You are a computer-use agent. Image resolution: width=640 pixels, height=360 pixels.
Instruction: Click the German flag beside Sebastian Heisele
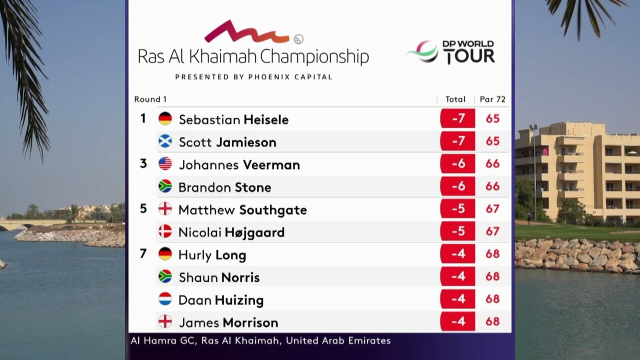pos(165,119)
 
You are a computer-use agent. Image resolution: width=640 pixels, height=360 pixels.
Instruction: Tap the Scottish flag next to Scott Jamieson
pos(165,141)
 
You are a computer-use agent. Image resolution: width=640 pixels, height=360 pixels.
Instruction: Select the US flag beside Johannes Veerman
pos(165,164)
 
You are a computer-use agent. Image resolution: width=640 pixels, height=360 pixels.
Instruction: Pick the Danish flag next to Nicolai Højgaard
pos(165,232)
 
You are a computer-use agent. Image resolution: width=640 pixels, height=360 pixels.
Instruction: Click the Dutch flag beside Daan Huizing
pos(165,299)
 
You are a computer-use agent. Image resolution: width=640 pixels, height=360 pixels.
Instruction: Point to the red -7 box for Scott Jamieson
pos(457,141)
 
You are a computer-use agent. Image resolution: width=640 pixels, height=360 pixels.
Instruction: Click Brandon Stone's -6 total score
pos(457,186)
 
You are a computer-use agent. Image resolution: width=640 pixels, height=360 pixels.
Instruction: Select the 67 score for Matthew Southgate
pos(492,209)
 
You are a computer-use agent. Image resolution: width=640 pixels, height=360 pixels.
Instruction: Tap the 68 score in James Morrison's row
pos(492,321)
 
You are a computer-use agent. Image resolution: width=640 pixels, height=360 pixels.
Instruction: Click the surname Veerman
pos(271,165)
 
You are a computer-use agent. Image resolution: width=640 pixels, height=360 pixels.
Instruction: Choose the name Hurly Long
pos(212,255)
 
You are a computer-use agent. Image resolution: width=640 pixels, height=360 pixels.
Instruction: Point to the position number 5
pos(143,208)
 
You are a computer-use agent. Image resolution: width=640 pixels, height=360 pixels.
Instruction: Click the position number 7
pos(143,253)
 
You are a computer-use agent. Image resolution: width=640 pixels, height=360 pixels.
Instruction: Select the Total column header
pos(455,99)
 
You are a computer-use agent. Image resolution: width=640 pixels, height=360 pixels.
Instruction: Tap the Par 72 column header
pos(492,99)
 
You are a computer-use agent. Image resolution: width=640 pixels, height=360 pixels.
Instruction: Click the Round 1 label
pos(150,99)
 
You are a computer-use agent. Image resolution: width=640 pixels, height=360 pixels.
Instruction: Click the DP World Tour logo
pos(451,52)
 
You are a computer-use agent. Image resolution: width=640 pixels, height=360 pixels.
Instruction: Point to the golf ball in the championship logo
pos(298,39)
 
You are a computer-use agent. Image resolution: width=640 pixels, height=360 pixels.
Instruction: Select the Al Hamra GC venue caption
pos(260,341)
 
